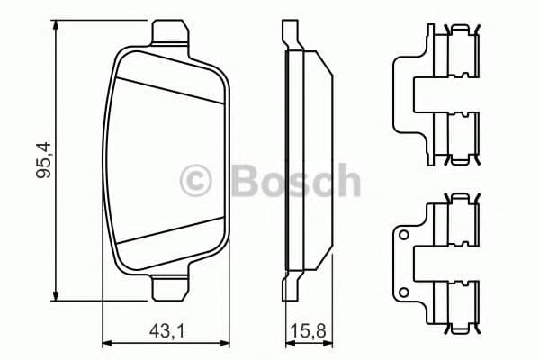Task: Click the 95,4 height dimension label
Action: pyautogui.click(x=41, y=158)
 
